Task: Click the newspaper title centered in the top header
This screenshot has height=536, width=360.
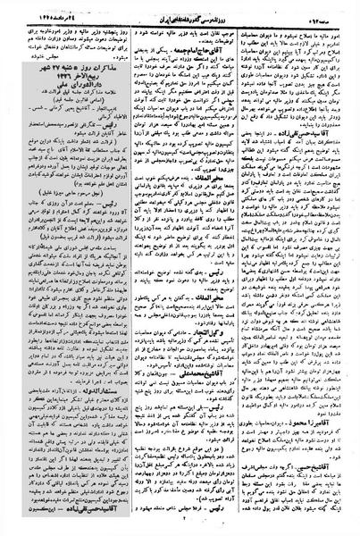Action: [x=178, y=10]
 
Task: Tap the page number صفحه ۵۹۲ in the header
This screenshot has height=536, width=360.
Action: [x=331, y=10]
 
